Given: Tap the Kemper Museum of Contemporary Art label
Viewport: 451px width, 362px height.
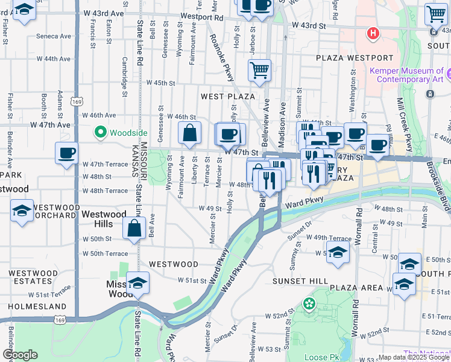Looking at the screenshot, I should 405,75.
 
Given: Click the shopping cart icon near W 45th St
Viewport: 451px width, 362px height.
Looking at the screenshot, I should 259,70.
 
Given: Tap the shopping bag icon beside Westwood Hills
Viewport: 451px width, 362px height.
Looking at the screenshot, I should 134,229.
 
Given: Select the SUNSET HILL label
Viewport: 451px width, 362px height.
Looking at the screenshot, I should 300,281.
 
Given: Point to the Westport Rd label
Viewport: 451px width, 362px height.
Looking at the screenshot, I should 201,17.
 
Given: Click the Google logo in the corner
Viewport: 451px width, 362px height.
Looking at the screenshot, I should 20,355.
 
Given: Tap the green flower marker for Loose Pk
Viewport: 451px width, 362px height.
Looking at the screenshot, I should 310,303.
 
